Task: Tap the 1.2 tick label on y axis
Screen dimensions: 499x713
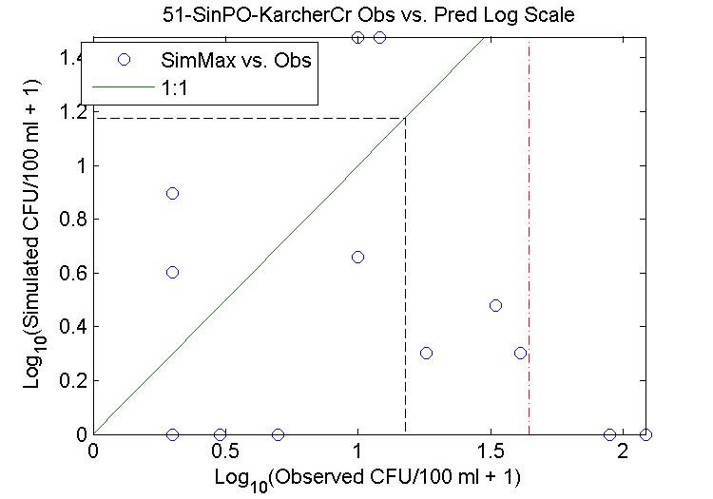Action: [x=72, y=111]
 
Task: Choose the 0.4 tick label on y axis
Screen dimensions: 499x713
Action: [x=72, y=326]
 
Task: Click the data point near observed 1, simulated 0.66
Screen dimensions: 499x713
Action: [x=357, y=257]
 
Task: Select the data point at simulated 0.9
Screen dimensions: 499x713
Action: [x=172, y=193]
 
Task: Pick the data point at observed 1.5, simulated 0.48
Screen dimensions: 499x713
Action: [x=495, y=305]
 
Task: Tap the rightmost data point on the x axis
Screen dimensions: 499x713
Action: [x=646, y=434]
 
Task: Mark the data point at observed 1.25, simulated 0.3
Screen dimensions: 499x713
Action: [x=426, y=353]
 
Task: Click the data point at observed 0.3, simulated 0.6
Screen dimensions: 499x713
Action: [x=172, y=272]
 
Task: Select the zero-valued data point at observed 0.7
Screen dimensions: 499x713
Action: [x=278, y=434]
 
